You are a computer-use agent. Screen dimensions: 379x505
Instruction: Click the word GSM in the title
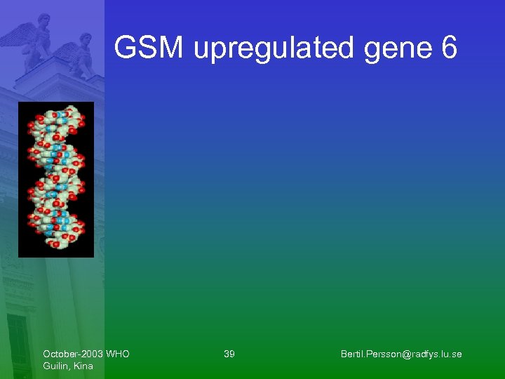pos(149,48)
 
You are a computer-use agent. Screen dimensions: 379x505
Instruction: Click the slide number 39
pos(229,354)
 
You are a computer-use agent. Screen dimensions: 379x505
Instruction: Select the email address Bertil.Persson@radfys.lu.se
pos(401,354)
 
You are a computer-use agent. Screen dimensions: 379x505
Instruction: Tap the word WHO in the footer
pos(118,354)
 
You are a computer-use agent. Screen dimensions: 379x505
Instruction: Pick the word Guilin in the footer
pos(55,366)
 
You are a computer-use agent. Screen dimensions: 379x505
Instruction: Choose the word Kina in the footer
pos(83,366)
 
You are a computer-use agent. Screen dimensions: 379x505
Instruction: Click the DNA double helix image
pos(55,179)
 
